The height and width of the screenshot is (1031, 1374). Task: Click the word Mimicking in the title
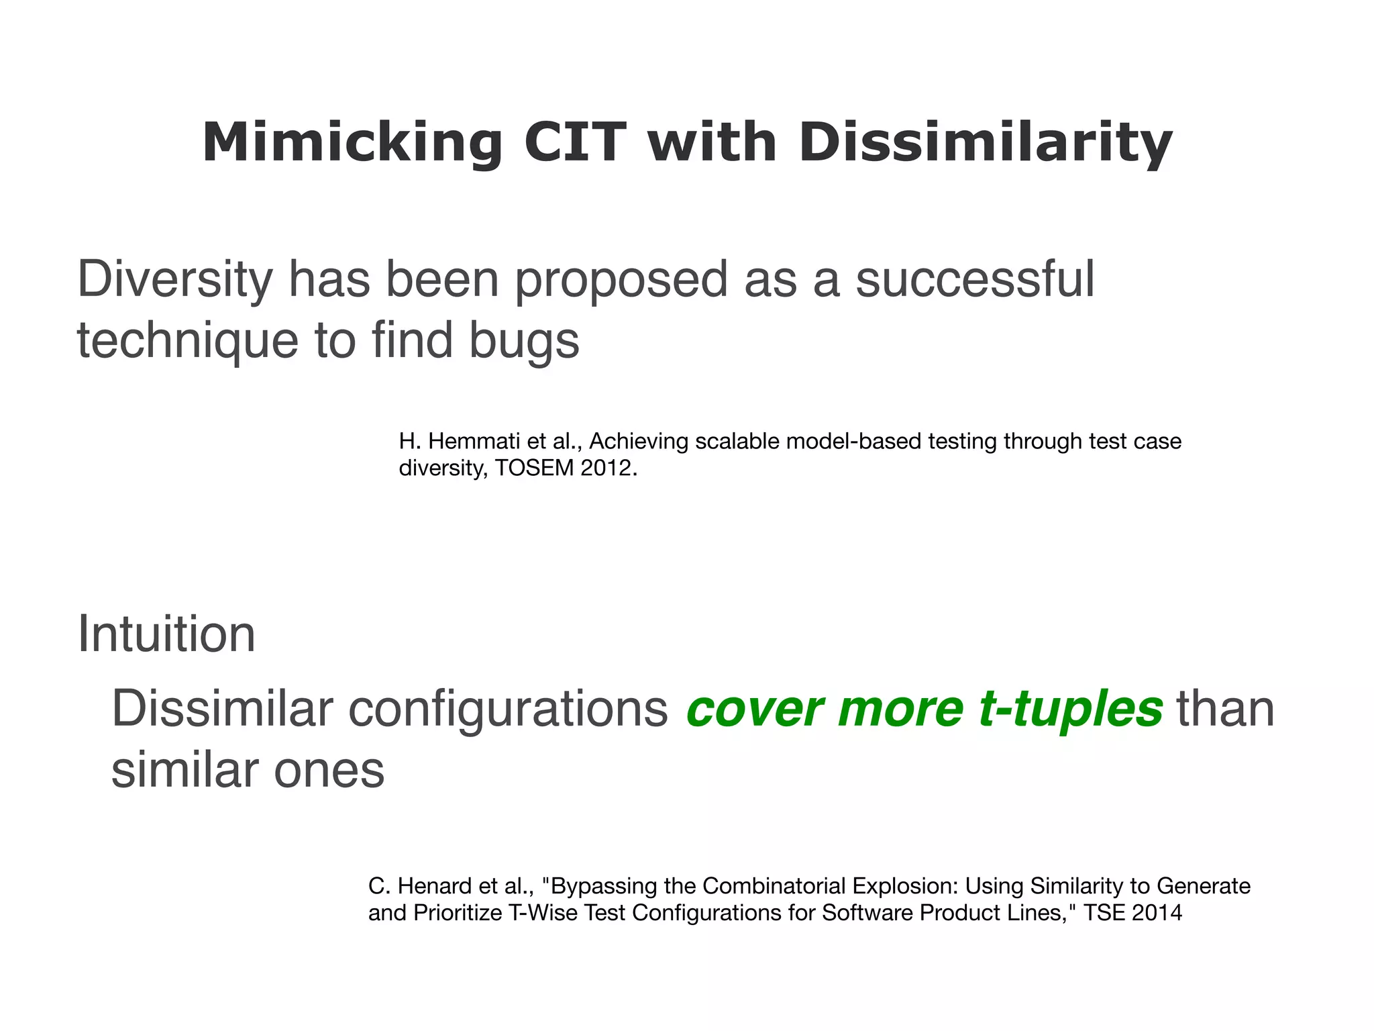(x=352, y=143)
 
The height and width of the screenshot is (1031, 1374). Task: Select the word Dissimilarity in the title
(x=985, y=143)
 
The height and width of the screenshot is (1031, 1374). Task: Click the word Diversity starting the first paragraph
(x=175, y=279)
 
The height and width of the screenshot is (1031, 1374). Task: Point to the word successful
(x=975, y=279)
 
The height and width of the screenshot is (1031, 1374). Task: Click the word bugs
(x=523, y=341)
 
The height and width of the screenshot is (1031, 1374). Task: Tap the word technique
(x=187, y=341)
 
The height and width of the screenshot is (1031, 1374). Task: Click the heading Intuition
(x=166, y=634)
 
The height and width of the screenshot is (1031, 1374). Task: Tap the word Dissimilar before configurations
(x=222, y=709)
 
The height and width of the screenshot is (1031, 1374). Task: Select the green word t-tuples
(x=1070, y=709)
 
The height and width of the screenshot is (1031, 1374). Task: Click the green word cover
(x=755, y=709)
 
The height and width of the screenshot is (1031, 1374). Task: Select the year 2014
(x=1157, y=913)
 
